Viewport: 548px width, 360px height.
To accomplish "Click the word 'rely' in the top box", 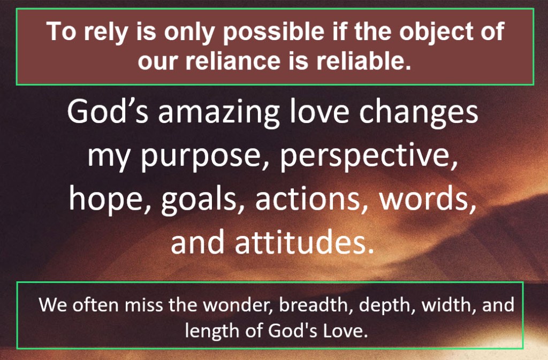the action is [105, 32].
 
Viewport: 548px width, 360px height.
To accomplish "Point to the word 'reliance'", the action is [233, 61].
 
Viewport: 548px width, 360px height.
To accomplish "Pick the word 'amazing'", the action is [219, 113].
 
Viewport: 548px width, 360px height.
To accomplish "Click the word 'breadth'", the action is [316, 304].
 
